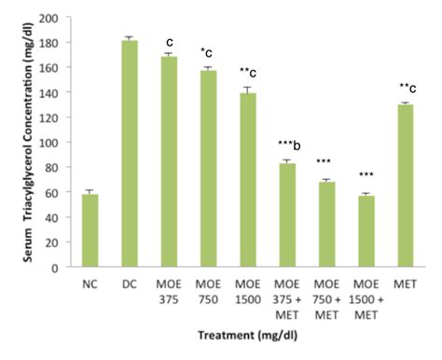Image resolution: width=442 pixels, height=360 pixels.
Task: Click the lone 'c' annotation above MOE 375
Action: [x=170, y=41]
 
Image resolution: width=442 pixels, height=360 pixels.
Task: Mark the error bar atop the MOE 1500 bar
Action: [x=247, y=89]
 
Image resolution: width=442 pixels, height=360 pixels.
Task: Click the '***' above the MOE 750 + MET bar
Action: [x=326, y=160]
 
